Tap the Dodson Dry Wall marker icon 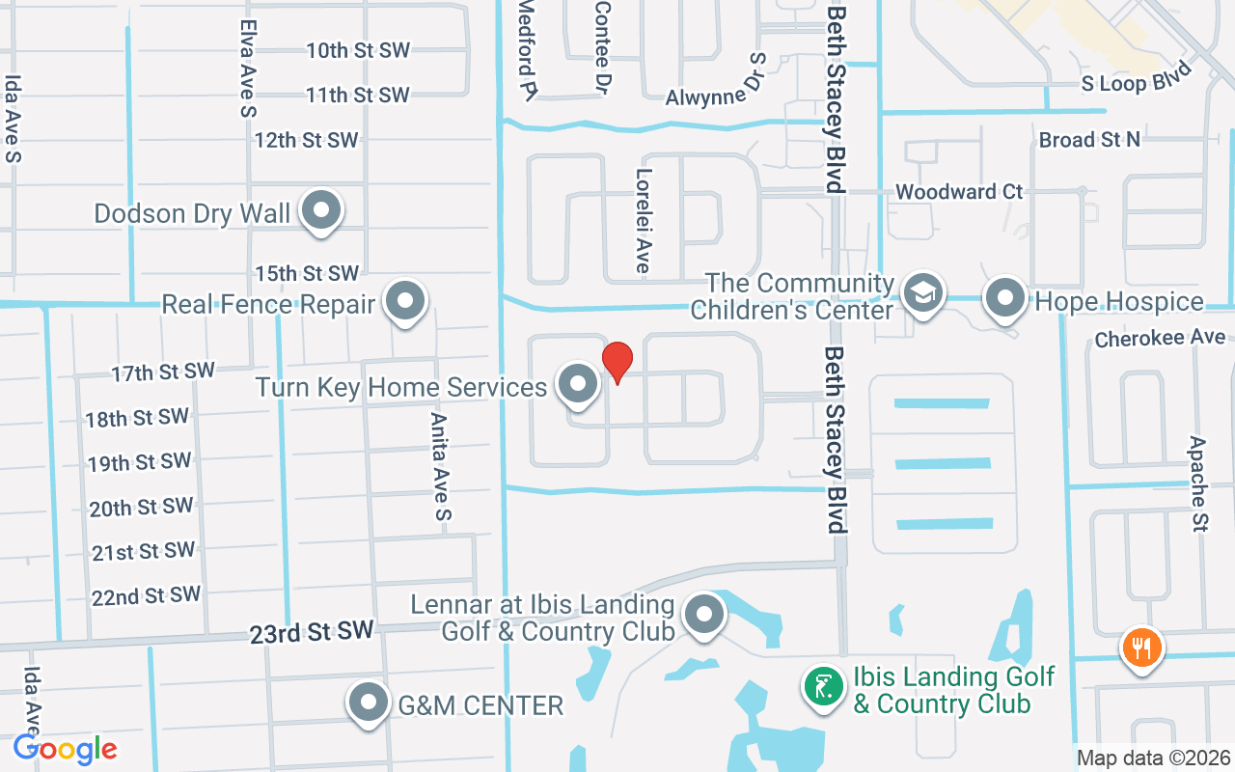click(321, 211)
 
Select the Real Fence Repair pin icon click(405, 302)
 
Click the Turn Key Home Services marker click(578, 384)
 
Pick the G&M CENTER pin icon click(369, 703)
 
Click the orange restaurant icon click(1140, 646)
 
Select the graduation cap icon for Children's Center click(923, 293)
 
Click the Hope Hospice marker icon click(1005, 298)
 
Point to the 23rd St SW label click(311, 633)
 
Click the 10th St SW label click(358, 50)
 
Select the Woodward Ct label click(959, 192)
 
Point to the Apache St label click(1198, 484)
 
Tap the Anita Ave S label click(440, 467)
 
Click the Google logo click(66, 749)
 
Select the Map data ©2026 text click(1153, 758)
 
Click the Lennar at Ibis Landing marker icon click(704, 614)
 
